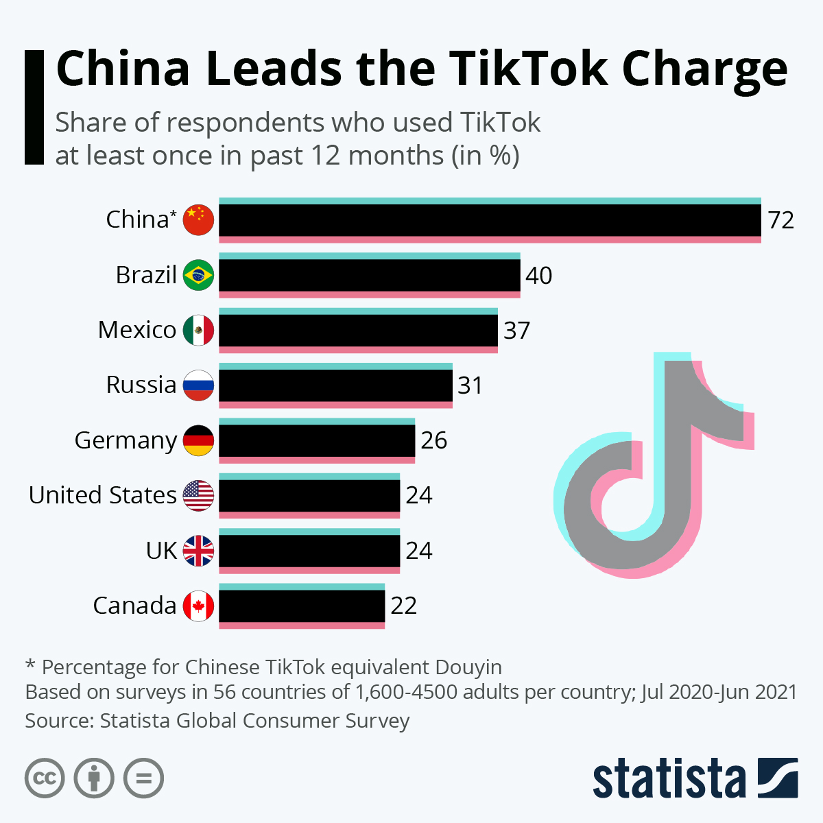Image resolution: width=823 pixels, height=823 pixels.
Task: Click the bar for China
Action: tap(490, 220)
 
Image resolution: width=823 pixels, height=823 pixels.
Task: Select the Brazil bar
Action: tap(369, 275)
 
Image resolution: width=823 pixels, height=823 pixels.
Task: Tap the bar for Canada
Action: tap(302, 606)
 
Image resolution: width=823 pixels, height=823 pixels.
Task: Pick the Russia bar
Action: tap(335, 385)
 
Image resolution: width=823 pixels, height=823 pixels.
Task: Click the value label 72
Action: tap(781, 220)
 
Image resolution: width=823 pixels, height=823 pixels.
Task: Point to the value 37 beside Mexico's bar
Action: tap(517, 331)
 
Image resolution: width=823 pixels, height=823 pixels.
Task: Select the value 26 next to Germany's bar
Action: tap(434, 440)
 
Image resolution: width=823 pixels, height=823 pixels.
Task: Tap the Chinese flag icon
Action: tap(199, 220)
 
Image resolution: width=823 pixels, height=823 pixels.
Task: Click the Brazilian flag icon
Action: tap(199, 275)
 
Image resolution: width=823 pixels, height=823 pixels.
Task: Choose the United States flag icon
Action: tap(199, 495)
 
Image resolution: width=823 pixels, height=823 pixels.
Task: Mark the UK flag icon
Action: tap(199, 551)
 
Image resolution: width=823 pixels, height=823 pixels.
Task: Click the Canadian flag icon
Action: tap(199, 606)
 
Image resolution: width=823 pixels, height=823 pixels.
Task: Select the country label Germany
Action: tap(126, 440)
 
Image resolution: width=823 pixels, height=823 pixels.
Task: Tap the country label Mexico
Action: tap(137, 331)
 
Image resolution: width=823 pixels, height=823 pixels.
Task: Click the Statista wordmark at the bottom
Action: tap(669, 779)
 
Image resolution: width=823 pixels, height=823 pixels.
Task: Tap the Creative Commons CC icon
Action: tap(45, 778)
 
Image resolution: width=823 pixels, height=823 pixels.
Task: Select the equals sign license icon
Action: tap(143, 778)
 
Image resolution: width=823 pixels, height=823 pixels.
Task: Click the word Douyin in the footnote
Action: tap(468, 667)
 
